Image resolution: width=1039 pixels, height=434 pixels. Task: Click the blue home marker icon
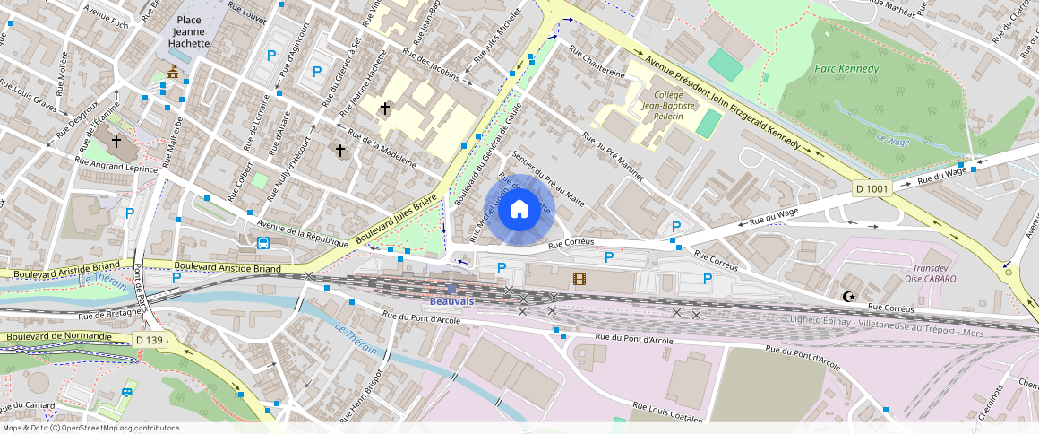pos(519,210)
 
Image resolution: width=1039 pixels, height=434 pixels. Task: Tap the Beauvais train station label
pos(451,300)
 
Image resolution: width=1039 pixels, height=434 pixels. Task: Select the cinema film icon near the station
pos(580,280)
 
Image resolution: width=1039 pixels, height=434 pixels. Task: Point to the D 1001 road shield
pos(871,189)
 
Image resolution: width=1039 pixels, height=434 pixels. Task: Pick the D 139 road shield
pos(150,340)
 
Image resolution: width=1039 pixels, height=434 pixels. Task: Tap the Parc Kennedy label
pos(846,69)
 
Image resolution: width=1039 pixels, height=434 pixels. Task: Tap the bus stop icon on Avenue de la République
pos(263,242)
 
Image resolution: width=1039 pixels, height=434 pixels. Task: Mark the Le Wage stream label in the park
pos(892,140)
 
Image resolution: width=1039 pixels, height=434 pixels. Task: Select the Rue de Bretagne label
pos(111,315)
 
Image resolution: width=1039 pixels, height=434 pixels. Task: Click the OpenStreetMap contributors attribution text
pos(90,428)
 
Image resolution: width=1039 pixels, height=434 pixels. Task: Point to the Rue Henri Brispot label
pos(374,393)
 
